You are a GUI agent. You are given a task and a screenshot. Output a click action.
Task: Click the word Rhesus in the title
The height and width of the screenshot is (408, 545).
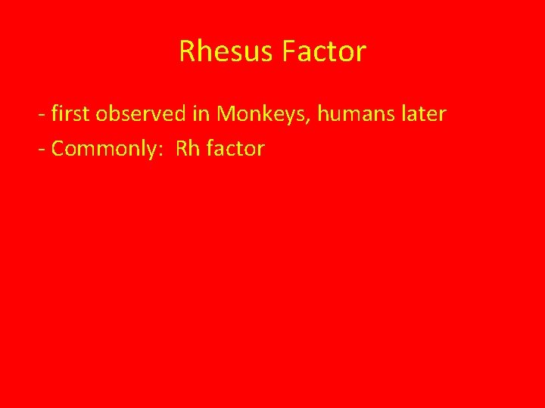tap(227, 51)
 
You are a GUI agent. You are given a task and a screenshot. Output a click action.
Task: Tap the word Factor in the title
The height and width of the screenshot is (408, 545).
tap(323, 51)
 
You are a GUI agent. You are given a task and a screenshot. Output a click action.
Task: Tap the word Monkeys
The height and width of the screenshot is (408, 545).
tap(262, 115)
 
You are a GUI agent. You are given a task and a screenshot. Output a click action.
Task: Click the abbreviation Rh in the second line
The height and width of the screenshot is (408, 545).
tap(187, 148)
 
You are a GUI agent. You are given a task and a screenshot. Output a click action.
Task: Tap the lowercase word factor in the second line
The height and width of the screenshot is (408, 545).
tap(235, 148)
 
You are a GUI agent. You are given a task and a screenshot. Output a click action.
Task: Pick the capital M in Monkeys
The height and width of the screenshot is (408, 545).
tap(226, 114)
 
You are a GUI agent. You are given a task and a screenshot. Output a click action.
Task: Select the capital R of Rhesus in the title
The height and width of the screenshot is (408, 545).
tap(187, 51)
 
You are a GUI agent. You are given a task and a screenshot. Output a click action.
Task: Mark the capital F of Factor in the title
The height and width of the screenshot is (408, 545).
tap(288, 51)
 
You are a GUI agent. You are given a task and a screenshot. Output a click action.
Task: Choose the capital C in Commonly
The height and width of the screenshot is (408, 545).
tap(58, 149)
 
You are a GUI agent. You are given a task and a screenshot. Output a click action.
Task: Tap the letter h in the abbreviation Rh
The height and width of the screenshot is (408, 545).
tap(193, 148)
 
